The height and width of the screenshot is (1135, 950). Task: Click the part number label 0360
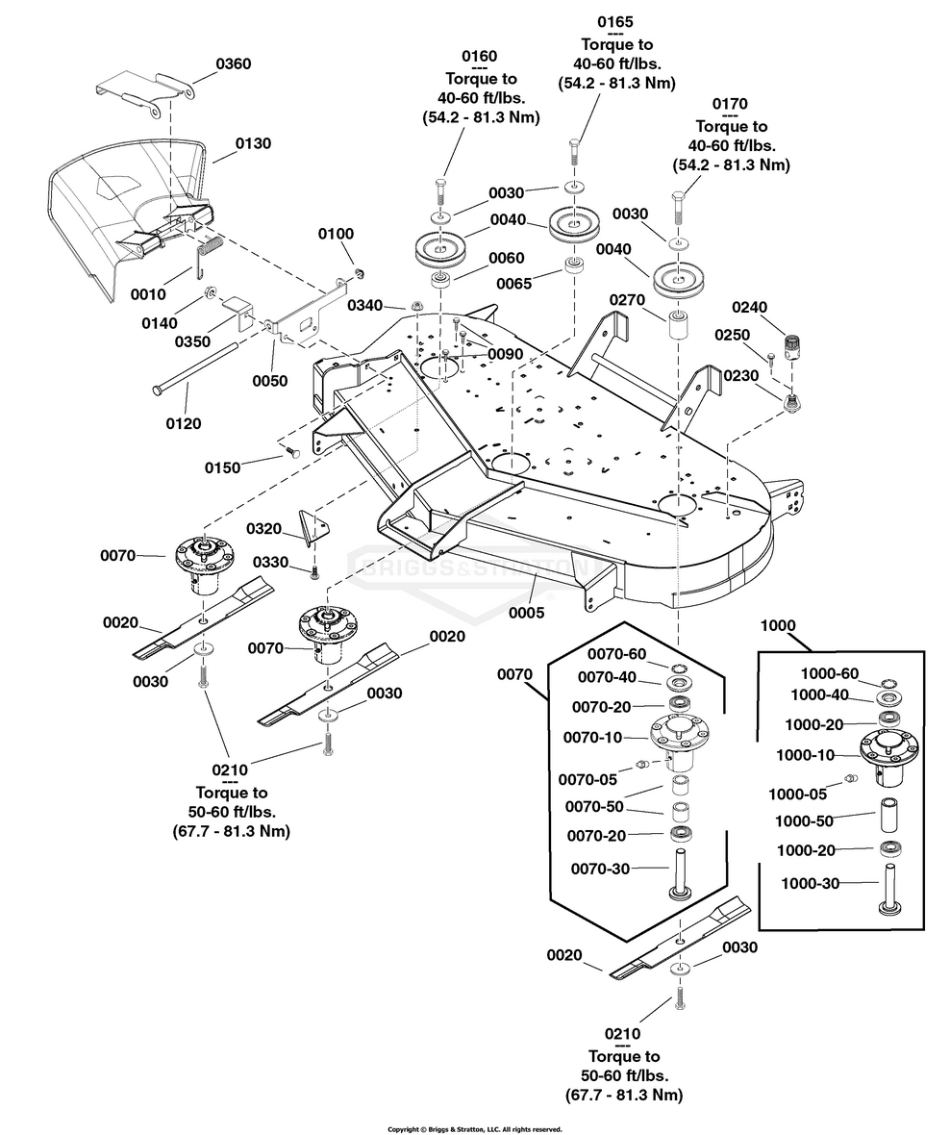pos(234,63)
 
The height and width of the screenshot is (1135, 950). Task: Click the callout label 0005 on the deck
pos(527,612)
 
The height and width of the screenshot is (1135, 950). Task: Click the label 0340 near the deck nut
pos(366,305)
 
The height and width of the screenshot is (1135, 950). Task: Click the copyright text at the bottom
pos(474,1128)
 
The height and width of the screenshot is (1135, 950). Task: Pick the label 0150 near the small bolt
pos(224,467)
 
